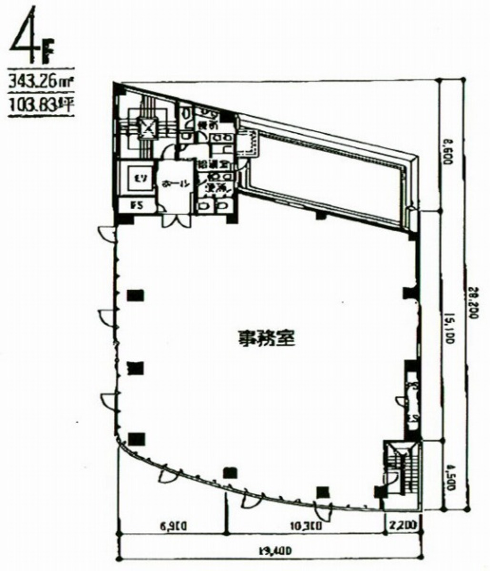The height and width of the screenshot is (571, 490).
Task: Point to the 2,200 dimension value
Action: [402, 526]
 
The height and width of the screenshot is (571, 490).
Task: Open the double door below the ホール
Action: [175, 220]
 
